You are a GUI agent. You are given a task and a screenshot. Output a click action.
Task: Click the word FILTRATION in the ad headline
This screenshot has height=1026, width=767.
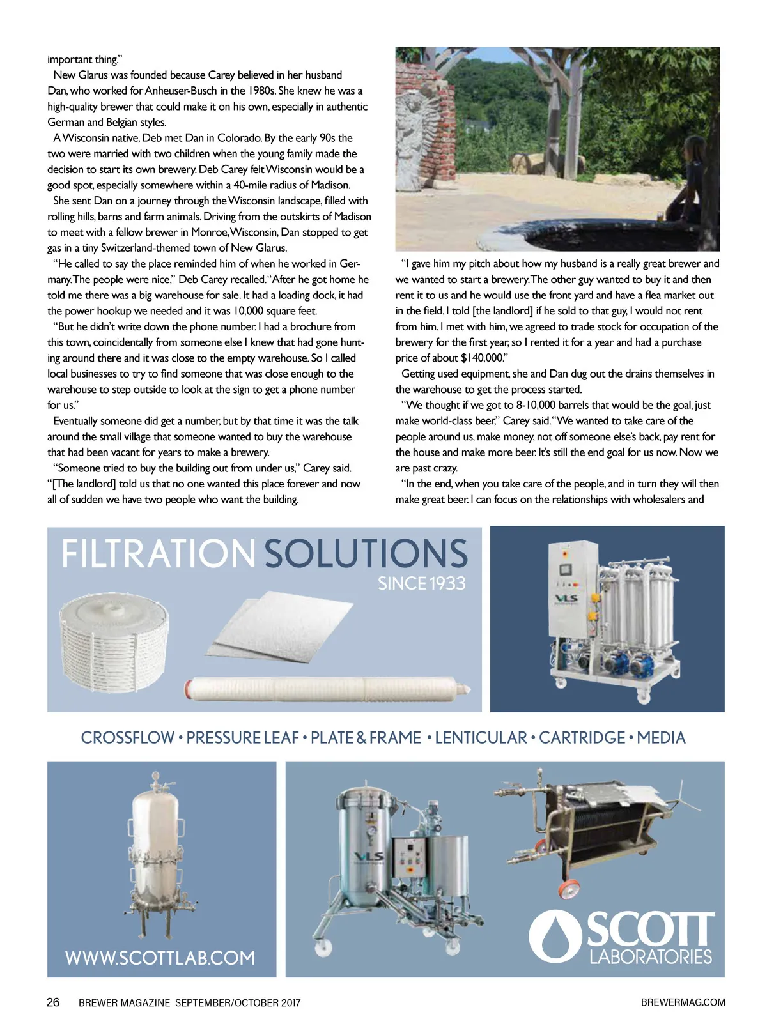(x=158, y=554)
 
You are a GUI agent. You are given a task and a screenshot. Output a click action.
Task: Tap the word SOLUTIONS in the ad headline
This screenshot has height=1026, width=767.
(x=366, y=554)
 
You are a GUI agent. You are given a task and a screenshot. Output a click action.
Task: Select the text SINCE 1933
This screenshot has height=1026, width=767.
(x=421, y=583)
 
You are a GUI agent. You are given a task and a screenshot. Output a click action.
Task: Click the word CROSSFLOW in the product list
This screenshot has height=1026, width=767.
(x=127, y=738)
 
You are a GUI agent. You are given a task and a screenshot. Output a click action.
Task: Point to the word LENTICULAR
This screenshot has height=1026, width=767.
(x=481, y=738)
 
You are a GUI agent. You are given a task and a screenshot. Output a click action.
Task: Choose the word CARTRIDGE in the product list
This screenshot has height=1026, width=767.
(x=582, y=738)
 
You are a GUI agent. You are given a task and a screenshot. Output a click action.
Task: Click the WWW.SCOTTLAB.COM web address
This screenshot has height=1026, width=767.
(x=160, y=958)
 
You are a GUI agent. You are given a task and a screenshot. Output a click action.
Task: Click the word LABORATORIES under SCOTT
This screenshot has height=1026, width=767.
(x=650, y=956)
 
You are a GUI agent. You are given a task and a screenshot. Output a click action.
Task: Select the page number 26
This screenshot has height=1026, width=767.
(x=53, y=1002)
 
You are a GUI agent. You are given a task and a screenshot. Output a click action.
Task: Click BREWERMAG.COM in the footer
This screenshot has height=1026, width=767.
(x=683, y=1002)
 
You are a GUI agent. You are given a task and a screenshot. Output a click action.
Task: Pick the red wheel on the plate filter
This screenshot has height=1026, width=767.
(x=571, y=888)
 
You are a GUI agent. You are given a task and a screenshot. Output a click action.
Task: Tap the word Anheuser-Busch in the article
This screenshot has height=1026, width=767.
(x=181, y=91)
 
